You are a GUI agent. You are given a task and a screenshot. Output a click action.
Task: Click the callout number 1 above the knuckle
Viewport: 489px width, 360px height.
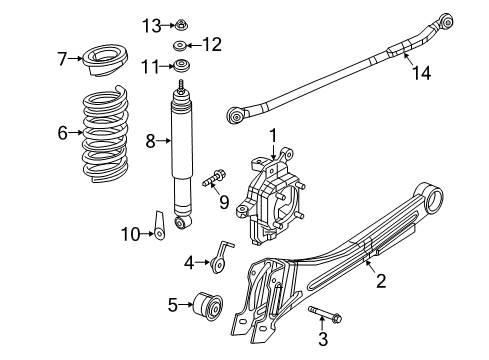click(x=270, y=133)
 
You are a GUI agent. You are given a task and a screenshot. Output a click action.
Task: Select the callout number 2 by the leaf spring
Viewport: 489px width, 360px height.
click(x=380, y=283)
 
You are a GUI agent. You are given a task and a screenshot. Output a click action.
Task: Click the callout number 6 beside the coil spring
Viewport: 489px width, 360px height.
click(x=62, y=131)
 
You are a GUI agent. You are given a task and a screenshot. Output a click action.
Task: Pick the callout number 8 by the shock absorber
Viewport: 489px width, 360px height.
click(x=150, y=141)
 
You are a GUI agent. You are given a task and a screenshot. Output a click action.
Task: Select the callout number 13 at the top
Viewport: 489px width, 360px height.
click(x=150, y=24)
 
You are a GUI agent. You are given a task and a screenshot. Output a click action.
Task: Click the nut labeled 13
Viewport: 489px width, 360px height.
click(x=181, y=24)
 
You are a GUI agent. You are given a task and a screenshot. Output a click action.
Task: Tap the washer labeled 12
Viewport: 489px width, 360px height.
click(x=180, y=46)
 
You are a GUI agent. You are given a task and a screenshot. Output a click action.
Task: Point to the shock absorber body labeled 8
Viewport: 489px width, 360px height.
click(x=183, y=150)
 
